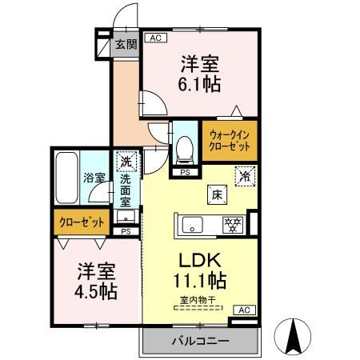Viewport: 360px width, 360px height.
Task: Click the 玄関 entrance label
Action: coord(125,44)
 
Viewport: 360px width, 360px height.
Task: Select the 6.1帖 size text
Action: coord(199,82)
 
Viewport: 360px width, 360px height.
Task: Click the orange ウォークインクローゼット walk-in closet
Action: coord(229,142)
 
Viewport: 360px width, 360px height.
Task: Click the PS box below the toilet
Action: coord(184,172)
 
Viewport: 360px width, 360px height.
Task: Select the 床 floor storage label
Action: coord(217,193)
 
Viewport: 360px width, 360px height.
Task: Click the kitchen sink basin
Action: coord(194,224)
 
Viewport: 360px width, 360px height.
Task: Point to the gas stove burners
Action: coord(234,224)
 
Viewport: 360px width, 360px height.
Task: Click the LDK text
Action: coord(200,261)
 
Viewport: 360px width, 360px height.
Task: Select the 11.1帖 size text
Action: coord(200,282)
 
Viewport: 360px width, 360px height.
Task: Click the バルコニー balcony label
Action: coord(200,342)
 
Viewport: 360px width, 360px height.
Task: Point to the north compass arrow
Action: coord(293,335)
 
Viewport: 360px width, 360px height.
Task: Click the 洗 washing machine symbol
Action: coord(125,162)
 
